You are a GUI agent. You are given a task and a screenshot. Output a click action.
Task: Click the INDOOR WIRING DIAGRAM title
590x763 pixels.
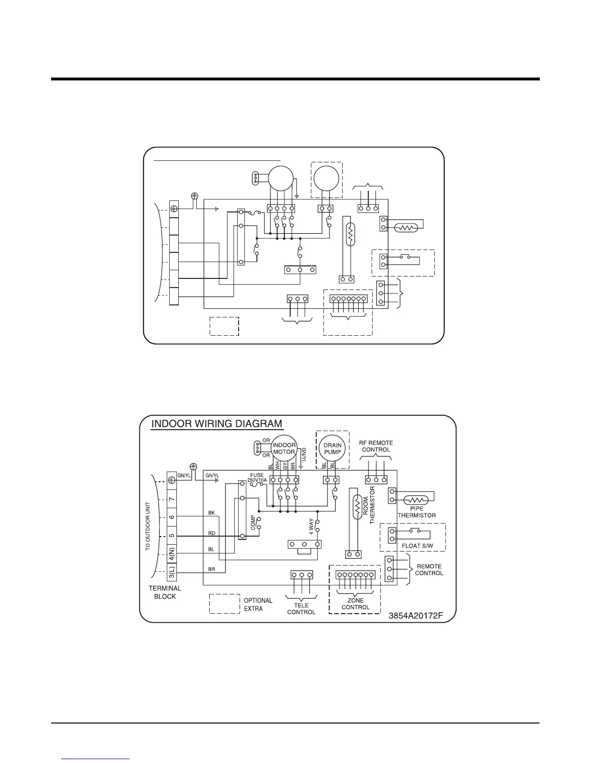coord(217,424)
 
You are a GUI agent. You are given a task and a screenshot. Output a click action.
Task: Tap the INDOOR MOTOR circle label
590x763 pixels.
coord(284,448)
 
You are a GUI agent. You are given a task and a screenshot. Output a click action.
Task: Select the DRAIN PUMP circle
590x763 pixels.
coord(332,448)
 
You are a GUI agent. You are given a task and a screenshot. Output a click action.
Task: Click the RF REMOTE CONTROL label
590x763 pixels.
coord(376,446)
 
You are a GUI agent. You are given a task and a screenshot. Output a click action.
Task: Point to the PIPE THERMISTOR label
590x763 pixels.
coord(416,512)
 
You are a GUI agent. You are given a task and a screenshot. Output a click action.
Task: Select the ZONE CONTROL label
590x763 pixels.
coord(356,604)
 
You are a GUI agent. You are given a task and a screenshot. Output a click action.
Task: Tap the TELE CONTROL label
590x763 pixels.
coord(301,609)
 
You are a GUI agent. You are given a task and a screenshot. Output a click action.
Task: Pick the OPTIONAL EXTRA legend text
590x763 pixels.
coord(258,605)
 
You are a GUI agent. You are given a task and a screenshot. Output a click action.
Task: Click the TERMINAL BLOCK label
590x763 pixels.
coord(165,592)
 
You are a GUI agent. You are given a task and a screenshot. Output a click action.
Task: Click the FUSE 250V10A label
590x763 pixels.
coord(256,478)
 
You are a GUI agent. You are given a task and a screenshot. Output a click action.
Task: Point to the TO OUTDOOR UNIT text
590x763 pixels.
coord(148,526)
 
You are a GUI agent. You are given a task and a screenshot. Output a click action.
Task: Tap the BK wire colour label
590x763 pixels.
coord(212,513)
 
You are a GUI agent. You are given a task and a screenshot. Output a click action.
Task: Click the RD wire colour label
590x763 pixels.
coord(212,533)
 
